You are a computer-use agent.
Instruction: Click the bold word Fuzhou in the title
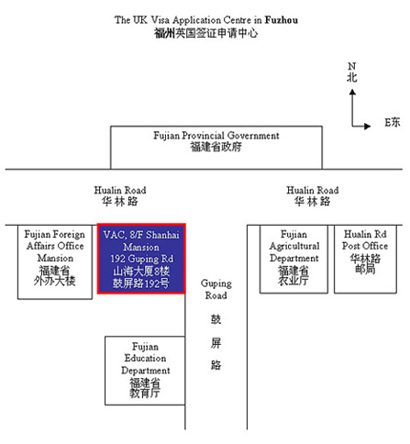coord(282,20)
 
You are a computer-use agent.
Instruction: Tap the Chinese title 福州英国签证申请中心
coord(205,33)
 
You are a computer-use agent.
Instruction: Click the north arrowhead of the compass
coord(352,92)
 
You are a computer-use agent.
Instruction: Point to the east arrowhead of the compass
coord(367,126)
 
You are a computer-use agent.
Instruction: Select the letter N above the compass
coord(352,66)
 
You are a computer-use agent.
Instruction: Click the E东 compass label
coord(393,122)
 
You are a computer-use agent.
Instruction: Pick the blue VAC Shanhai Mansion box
coord(141,259)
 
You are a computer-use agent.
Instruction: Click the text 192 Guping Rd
coord(142,259)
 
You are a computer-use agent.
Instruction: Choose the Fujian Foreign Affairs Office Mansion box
coord(55,262)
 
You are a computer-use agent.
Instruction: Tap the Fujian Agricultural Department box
coord(294,259)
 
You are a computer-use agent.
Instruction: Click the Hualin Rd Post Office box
coord(365,259)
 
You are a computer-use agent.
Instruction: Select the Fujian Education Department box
coord(145,371)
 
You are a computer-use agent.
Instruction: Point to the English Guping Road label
coord(216,289)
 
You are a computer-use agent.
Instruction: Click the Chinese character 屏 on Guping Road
coord(216,343)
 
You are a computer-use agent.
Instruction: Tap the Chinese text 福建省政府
coord(216,147)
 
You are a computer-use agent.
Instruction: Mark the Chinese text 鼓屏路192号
coord(141,283)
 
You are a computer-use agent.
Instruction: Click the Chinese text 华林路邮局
coord(365,263)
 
